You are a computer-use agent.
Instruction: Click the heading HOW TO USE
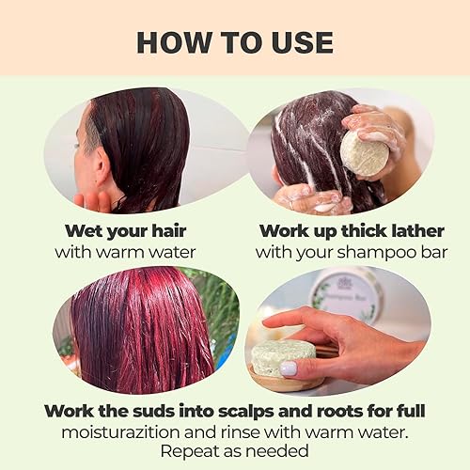[x=234, y=41]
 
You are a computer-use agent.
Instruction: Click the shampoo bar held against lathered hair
[x=364, y=152]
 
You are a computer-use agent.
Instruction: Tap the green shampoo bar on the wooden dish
[x=282, y=357]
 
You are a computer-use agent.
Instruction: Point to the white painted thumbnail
[x=290, y=368]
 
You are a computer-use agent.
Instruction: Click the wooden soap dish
[x=282, y=380]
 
